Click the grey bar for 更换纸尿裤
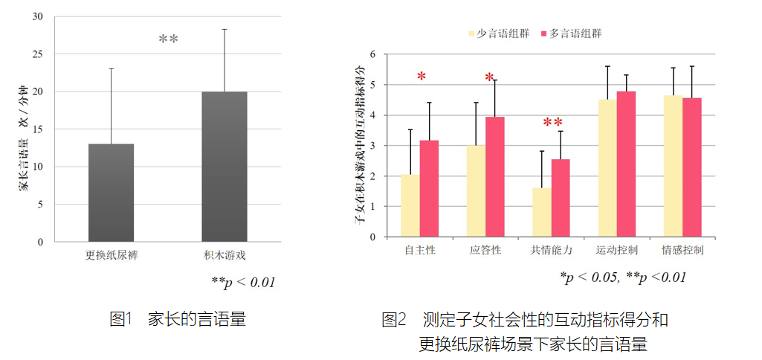click(112, 193)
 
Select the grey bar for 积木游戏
click(225, 167)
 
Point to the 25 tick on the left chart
click(39, 54)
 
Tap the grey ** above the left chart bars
click(168, 39)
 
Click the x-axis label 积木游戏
click(225, 255)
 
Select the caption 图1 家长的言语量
click(178, 320)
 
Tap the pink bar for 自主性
click(430, 188)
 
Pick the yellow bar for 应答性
click(477, 191)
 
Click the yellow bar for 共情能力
click(542, 212)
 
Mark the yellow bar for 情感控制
click(673, 166)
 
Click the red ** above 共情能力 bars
click(553, 123)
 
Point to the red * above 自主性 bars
click(422, 77)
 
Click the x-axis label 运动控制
click(616, 250)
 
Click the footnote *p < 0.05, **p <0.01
click(623, 277)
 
